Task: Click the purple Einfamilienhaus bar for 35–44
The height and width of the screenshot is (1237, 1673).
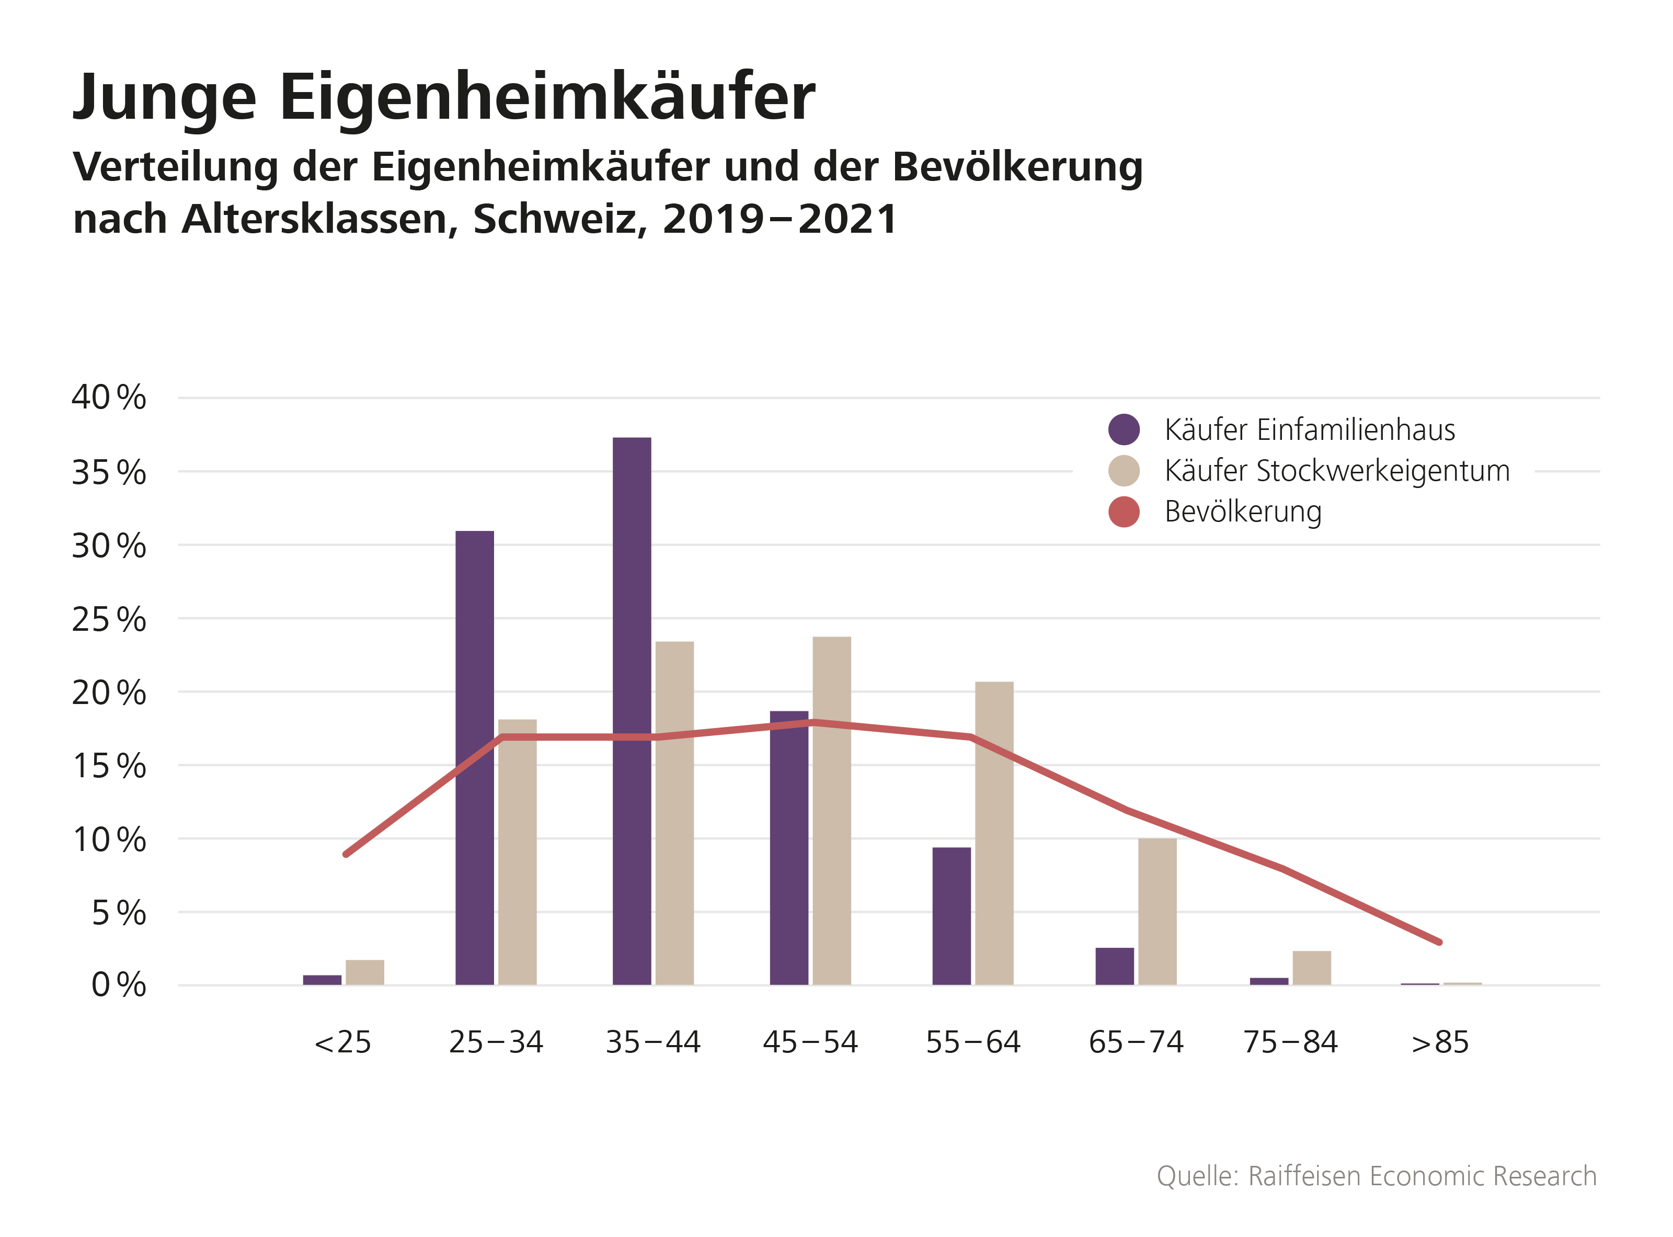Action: click(631, 711)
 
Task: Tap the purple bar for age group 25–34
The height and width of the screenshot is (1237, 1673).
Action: click(475, 757)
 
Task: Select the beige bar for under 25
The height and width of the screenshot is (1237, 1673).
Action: click(364, 972)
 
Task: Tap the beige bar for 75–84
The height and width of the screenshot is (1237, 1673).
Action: click(1311, 968)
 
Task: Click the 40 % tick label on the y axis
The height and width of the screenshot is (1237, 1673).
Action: click(109, 398)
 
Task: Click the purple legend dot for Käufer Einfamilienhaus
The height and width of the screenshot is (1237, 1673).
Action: click(1124, 429)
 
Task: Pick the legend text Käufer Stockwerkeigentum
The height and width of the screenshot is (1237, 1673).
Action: click(1337, 471)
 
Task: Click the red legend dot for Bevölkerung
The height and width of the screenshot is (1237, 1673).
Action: click(1124, 512)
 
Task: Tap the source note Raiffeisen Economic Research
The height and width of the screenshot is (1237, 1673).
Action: click(1422, 1176)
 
